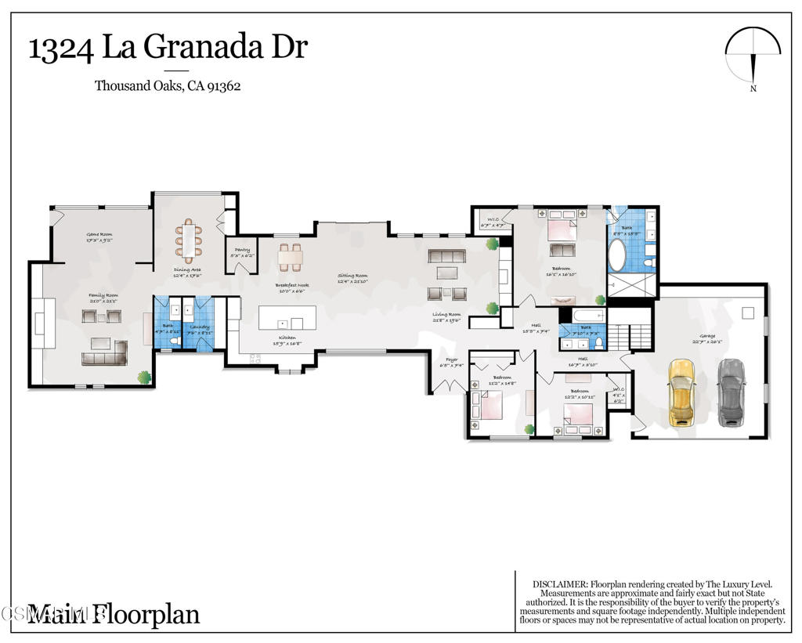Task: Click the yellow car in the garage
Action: (x=682, y=392)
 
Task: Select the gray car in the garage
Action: (x=732, y=392)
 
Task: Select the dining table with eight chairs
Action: (x=188, y=240)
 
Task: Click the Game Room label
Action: (x=99, y=234)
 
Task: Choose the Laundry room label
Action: (x=200, y=327)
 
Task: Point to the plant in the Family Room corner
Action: (x=144, y=377)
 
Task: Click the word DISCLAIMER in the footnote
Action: (x=559, y=584)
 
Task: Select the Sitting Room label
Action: (x=352, y=276)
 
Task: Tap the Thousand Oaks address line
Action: (x=168, y=86)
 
